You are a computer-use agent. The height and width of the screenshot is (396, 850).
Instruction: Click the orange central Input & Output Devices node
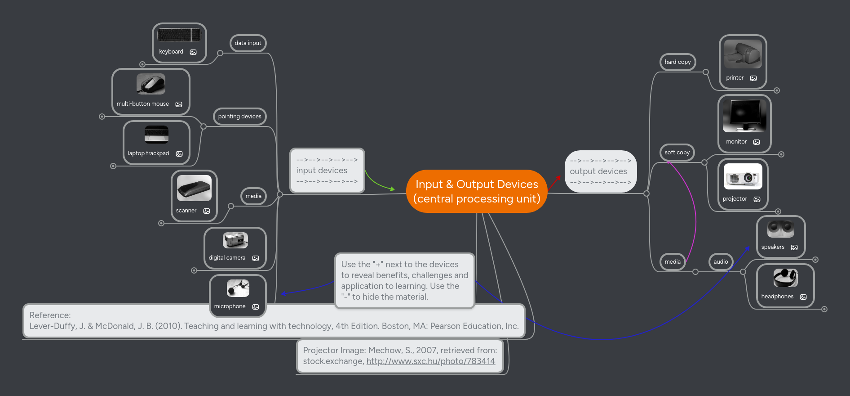(x=477, y=191)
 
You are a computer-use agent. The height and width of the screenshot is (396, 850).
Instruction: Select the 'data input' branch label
(x=248, y=43)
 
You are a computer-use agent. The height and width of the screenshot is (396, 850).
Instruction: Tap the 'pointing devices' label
(x=239, y=117)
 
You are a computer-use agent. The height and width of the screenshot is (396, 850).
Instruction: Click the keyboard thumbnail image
(x=179, y=35)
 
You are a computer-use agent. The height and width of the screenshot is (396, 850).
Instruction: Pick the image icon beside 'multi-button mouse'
(x=179, y=104)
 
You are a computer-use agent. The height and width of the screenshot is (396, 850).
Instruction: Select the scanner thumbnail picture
(x=194, y=188)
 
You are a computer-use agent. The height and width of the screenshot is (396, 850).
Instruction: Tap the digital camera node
(x=235, y=248)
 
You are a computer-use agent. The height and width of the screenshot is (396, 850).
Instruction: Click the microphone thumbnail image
(x=238, y=288)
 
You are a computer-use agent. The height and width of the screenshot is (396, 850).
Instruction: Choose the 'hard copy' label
(x=677, y=62)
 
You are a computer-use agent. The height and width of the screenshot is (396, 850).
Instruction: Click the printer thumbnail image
(x=743, y=54)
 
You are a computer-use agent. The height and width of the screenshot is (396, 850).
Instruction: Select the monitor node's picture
(x=744, y=116)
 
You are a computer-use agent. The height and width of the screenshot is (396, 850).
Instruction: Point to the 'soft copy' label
(x=677, y=153)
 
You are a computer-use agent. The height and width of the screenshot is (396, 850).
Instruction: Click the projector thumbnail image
(x=743, y=177)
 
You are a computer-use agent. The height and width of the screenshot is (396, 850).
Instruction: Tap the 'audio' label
(x=721, y=262)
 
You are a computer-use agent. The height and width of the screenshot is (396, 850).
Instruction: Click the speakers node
(x=780, y=237)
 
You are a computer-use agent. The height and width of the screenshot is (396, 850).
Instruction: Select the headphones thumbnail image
(x=785, y=278)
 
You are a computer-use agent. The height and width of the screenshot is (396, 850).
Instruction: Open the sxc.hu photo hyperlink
(x=430, y=361)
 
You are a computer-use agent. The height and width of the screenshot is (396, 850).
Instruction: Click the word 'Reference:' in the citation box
(x=50, y=315)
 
